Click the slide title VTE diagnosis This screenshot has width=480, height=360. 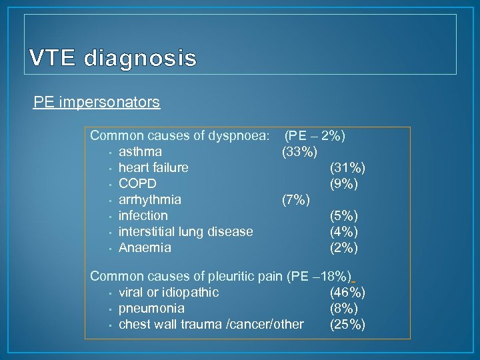coord(113,59)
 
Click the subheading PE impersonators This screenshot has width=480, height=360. coord(97,102)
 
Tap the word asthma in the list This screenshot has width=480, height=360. coord(140,151)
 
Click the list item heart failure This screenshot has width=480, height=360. coord(153,167)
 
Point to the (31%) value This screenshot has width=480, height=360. coord(347,167)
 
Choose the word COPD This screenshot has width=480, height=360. coord(137,183)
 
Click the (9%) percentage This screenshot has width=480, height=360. coord(344,183)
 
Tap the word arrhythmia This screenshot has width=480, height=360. coord(149,199)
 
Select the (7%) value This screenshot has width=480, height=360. coord(295,199)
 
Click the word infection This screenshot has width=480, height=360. coord(143,215)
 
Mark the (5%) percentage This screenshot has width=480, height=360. coord(344,215)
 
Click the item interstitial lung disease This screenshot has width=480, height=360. coord(185,231)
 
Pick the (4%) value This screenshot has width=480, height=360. coord(344,231)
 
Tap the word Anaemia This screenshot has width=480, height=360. coord(145,247)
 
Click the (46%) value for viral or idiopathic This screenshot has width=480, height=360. coord(347,292)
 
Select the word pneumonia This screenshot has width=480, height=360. coord(151,308)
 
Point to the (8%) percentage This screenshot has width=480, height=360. coord(344,308)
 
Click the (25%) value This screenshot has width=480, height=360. coord(347,324)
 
